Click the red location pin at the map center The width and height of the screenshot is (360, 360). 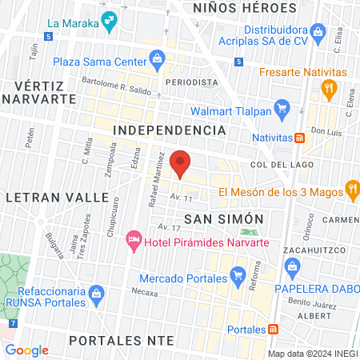[181, 162]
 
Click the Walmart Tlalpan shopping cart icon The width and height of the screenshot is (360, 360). [281, 106]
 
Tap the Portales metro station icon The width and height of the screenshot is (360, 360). [273, 330]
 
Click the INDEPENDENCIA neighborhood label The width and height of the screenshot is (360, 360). [169, 130]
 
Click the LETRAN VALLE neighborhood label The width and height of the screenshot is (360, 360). [57, 197]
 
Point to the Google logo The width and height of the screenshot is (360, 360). [26, 350]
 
